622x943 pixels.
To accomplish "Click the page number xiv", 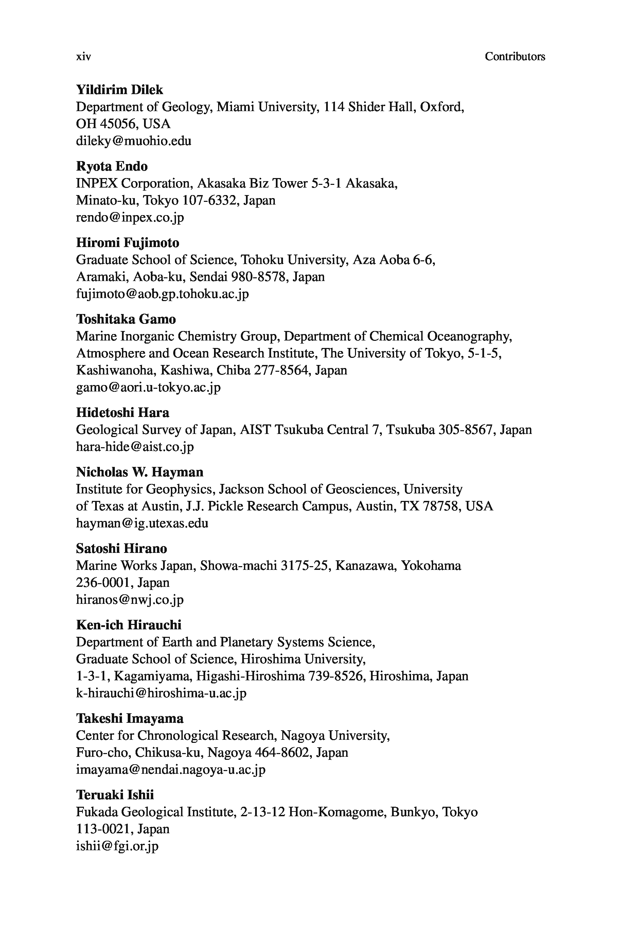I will tap(83, 57).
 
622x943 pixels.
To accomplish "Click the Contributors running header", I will tap(515, 57).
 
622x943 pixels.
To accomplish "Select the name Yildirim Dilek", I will tap(119, 90).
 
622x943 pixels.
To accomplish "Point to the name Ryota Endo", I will tap(111, 167).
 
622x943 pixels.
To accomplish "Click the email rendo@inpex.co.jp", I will tap(130, 217).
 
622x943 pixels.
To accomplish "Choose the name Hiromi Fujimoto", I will tap(127, 243).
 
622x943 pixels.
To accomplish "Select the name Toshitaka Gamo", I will tap(126, 319).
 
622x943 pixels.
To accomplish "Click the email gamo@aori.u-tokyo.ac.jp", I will tap(148, 387).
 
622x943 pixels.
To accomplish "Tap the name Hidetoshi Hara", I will tap(122, 413).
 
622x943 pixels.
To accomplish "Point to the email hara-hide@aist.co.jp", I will tap(135, 447).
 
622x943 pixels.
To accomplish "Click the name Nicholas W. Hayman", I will tap(140, 472).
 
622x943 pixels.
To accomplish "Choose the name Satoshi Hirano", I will tap(121, 549).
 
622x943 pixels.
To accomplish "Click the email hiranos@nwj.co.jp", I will tap(130, 599).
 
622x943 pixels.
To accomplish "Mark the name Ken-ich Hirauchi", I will tap(128, 625).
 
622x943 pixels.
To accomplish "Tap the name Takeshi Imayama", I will tap(130, 718).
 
